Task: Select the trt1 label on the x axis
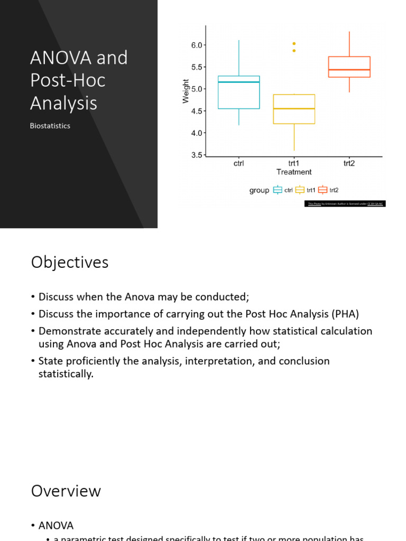pyautogui.click(x=294, y=163)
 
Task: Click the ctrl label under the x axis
pyautogui.click(x=239, y=163)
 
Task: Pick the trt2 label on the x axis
pyautogui.click(x=349, y=163)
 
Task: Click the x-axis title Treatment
pyautogui.click(x=294, y=172)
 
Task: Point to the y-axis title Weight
pyautogui.click(x=186, y=91)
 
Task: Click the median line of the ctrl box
pyautogui.click(x=239, y=82)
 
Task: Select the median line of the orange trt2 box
pyautogui.click(x=349, y=70)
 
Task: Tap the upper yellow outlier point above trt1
pyautogui.click(x=294, y=43)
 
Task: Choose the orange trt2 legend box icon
pyautogui.click(x=322, y=190)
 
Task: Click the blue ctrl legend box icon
pyautogui.click(x=278, y=190)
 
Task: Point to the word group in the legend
pyautogui.click(x=259, y=190)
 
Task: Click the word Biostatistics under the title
pyautogui.click(x=50, y=126)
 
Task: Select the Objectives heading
pyautogui.click(x=70, y=263)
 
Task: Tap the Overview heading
pyautogui.click(x=66, y=491)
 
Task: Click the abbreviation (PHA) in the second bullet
pyautogui.click(x=345, y=314)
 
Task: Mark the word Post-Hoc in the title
pyautogui.click(x=68, y=80)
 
